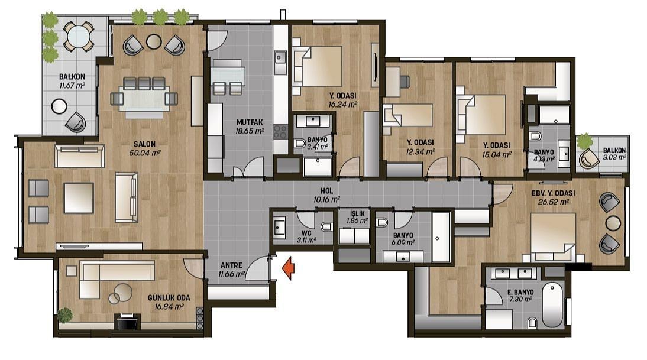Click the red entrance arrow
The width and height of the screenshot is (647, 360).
[x=288, y=268]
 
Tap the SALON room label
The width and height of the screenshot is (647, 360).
[x=144, y=144]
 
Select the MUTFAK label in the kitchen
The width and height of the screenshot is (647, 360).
[x=249, y=122]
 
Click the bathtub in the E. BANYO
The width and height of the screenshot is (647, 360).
[x=552, y=305]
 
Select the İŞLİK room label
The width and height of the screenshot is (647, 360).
[x=357, y=213]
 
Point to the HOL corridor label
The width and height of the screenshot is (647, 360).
[x=326, y=192]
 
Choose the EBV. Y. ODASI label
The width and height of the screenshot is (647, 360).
[x=553, y=193]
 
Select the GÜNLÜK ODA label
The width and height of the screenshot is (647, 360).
[x=169, y=298]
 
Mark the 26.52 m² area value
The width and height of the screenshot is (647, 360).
[x=554, y=202]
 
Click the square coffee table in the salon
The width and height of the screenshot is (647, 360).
[x=79, y=199]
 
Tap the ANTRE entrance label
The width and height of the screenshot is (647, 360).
[x=231, y=265]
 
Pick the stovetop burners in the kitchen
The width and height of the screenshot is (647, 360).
[x=280, y=132]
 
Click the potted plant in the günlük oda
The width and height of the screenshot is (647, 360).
[x=65, y=315]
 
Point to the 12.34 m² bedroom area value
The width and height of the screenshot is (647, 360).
[x=420, y=151]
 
